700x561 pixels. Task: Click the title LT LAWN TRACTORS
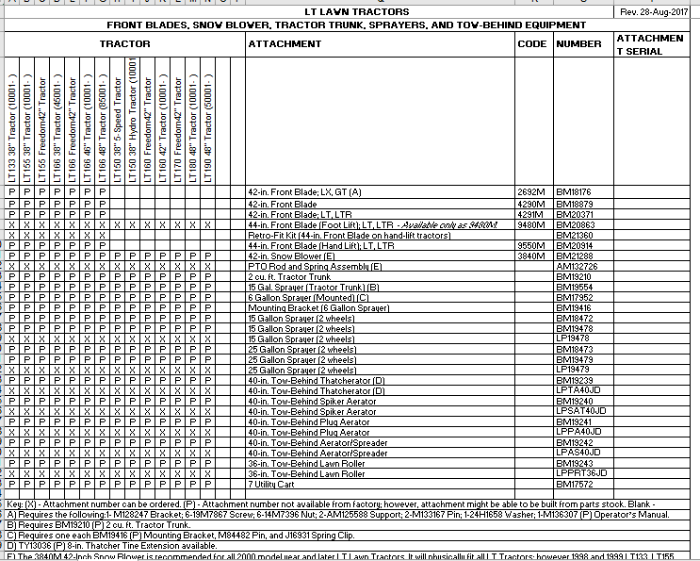(x=345, y=11)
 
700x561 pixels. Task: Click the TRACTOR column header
(x=124, y=43)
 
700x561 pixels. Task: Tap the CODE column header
(x=532, y=43)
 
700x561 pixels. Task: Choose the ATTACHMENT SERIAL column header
(x=651, y=44)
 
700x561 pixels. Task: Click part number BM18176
(x=574, y=191)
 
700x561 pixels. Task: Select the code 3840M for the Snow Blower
(x=531, y=256)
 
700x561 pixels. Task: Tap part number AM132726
(x=577, y=266)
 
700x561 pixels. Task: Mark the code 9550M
(x=531, y=244)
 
